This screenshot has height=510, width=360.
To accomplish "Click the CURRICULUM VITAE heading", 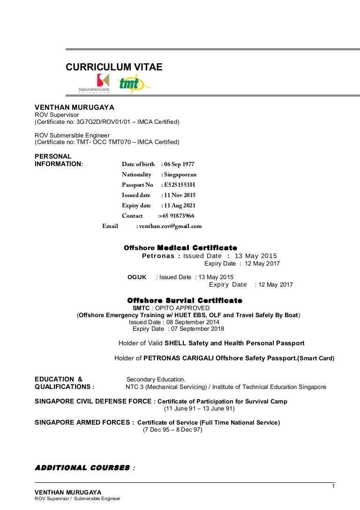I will [x=114, y=67].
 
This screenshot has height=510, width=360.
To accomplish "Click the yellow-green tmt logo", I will [x=133, y=84].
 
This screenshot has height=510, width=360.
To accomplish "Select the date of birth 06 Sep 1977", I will [x=178, y=164].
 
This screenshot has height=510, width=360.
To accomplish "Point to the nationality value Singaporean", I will [x=180, y=175].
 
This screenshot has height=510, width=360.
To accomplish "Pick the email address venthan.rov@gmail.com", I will [x=171, y=226].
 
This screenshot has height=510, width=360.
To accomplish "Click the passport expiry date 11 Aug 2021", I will [x=180, y=206].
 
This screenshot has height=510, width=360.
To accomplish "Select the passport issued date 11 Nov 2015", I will [x=180, y=195].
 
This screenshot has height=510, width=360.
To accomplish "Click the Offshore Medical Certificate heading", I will [x=180, y=248].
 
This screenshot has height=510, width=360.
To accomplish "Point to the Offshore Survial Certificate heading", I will [x=185, y=300].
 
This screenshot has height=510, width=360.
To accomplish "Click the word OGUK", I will [x=137, y=277].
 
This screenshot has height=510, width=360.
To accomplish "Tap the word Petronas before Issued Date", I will [x=157, y=256].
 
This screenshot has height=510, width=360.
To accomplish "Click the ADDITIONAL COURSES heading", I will [x=82, y=468].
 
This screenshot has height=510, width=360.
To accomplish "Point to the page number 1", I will [x=333, y=486].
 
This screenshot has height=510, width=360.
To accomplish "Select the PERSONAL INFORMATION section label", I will [x=59, y=160].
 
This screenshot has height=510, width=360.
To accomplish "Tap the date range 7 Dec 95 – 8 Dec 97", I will [x=172, y=430].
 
